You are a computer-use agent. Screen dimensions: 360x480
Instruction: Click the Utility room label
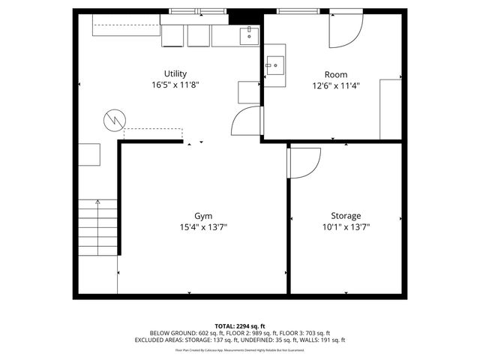pyautogui.click(x=175, y=73)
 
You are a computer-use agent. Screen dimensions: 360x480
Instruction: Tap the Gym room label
pyautogui.click(x=202, y=215)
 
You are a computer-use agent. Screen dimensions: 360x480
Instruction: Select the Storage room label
pyautogui.click(x=346, y=215)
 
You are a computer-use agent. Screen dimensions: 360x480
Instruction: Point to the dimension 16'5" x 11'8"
pyautogui.click(x=175, y=85)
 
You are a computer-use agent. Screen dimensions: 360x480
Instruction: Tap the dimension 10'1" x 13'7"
pyautogui.click(x=346, y=226)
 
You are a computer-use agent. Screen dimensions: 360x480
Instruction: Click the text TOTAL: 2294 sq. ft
pyautogui.click(x=240, y=325)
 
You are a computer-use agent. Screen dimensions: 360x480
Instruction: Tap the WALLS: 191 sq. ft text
pyautogui.click(x=323, y=340)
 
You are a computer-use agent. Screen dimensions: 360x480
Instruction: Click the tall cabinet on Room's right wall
pyautogui.click(x=390, y=108)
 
